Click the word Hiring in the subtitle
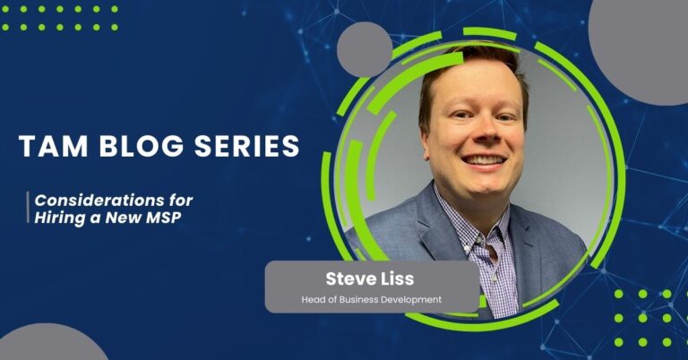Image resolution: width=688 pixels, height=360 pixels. coord(62,218)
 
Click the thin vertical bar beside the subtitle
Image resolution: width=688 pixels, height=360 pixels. coord(28,209)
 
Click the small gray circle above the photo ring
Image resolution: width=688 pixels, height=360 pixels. coord(363,49)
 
